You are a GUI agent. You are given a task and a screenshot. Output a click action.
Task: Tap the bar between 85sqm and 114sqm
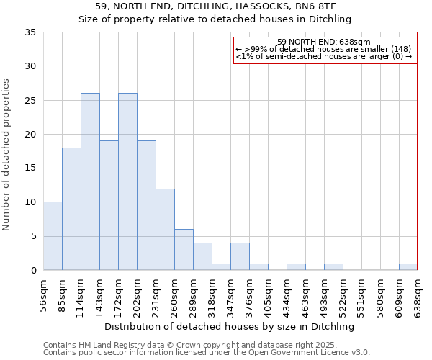click(x=71, y=209)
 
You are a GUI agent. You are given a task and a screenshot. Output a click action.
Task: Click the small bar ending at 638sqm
click(x=408, y=267)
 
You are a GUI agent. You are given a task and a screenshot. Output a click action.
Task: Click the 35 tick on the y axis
click(x=30, y=32)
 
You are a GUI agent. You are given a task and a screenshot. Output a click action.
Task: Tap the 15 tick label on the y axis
click(x=30, y=168)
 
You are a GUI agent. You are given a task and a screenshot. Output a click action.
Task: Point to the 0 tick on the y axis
click(x=33, y=271)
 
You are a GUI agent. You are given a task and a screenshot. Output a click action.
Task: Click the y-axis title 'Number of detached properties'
click(x=7, y=155)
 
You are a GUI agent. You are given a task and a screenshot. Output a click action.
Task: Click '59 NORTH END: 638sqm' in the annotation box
click(x=323, y=42)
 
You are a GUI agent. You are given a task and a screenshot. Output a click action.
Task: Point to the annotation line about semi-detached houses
click(x=323, y=56)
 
